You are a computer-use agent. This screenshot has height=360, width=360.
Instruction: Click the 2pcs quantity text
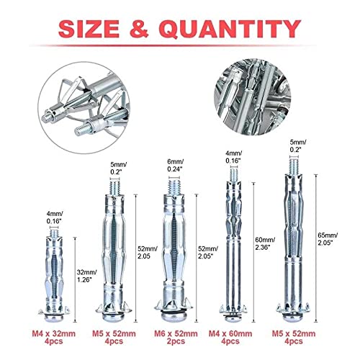[177, 346]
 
